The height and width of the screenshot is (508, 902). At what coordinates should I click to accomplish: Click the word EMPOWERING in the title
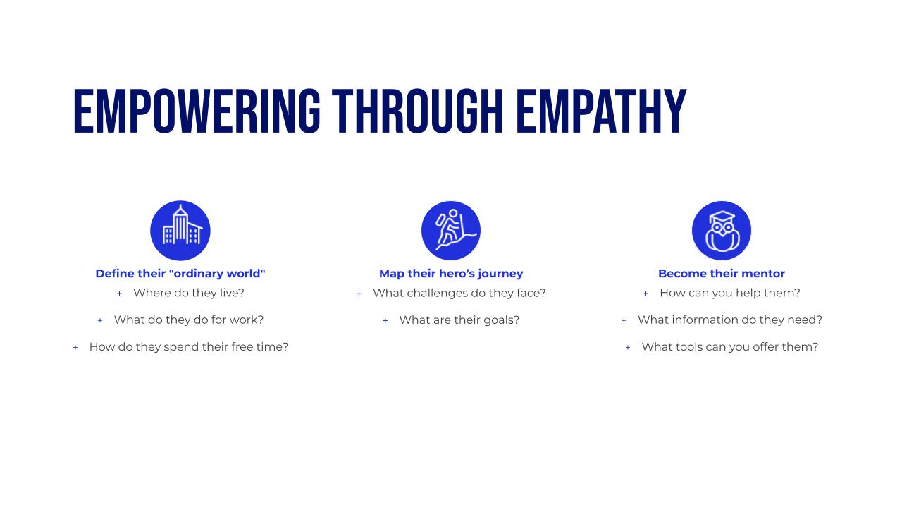point(197,111)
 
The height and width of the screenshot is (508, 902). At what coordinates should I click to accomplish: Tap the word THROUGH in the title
point(418,111)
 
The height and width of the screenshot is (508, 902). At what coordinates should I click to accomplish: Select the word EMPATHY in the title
point(601,111)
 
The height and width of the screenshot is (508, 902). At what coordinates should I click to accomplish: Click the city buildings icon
point(180,231)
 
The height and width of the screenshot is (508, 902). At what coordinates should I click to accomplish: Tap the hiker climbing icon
point(451,231)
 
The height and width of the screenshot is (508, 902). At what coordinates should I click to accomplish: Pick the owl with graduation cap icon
point(722,231)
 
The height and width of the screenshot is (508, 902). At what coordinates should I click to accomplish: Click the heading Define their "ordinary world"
point(180,273)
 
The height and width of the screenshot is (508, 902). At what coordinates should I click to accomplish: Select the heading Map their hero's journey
point(451,274)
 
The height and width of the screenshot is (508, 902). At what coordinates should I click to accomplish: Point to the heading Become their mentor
point(722,273)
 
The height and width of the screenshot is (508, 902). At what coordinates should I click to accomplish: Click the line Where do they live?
point(189,293)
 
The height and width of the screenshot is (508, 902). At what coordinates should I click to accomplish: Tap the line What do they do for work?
point(189,320)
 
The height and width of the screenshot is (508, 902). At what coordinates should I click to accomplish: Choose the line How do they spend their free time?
point(189,347)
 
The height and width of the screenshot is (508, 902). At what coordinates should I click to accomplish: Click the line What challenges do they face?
point(459,293)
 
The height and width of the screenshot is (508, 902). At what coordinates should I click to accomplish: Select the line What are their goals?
point(459,320)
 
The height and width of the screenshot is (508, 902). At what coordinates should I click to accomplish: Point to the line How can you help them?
point(730,293)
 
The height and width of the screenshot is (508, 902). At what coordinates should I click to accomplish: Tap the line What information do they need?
point(730,320)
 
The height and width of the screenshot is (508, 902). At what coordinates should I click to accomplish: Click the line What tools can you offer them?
point(730,347)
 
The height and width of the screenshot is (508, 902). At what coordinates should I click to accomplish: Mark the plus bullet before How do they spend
point(75,348)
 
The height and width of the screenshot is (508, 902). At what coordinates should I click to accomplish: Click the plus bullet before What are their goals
point(385,321)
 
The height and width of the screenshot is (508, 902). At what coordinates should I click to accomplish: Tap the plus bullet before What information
point(624,321)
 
